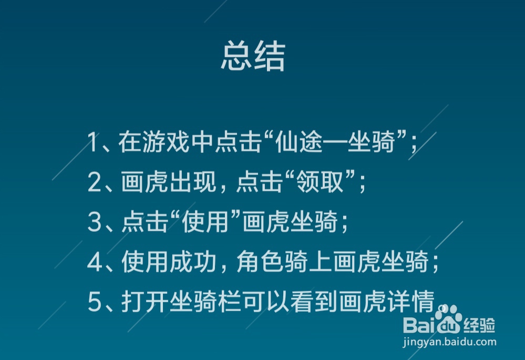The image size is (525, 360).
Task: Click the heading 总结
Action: point(253,57)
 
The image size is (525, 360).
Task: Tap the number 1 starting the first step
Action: point(93,143)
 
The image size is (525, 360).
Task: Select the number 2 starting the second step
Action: point(94,183)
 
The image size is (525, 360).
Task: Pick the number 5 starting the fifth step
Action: point(94,303)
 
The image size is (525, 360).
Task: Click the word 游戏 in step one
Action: point(153,143)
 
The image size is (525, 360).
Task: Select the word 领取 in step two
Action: point(332,183)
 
